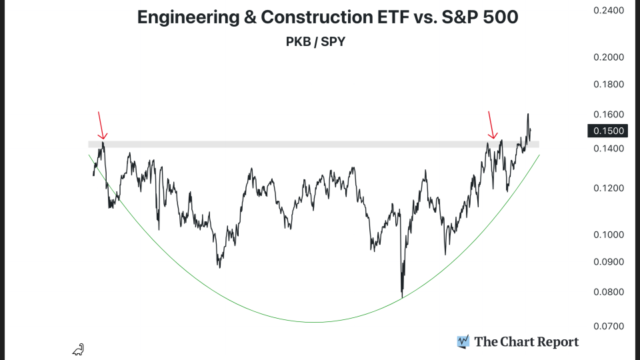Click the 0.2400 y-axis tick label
(608, 11)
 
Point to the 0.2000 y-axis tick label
(608, 57)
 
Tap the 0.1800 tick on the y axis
(608, 85)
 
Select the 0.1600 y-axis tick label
(608, 114)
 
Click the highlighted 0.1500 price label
(608, 131)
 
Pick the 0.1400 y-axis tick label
(608, 148)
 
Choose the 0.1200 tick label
(608, 189)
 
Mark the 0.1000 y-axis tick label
(608, 235)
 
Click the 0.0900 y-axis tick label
(608, 262)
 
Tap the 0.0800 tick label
(608, 292)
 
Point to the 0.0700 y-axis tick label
(608, 327)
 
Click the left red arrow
(101, 125)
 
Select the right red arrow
(492, 125)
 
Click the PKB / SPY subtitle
(315, 41)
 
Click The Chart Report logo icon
(463, 342)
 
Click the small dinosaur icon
(79, 349)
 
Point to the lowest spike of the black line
(402, 297)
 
